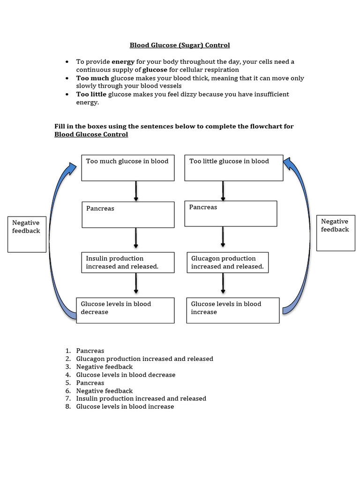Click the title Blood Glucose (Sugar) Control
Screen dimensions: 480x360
tap(180, 45)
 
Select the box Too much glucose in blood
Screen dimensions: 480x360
tap(127, 168)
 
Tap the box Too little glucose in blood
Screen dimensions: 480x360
tap(233, 168)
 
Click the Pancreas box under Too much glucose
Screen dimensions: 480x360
tap(127, 215)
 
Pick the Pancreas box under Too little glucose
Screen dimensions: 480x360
tap(231, 214)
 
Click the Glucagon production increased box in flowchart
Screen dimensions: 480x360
tap(228, 262)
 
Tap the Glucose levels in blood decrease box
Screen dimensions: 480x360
tap(125, 310)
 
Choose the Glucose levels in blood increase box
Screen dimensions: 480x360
tap(232, 310)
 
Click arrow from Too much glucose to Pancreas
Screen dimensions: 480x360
tap(136, 191)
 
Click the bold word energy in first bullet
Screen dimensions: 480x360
tap(123, 62)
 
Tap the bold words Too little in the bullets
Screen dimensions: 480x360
tap(91, 94)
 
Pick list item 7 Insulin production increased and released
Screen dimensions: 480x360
tap(141, 398)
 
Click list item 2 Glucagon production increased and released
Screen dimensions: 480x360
tap(144, 359)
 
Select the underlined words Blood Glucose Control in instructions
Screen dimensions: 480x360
tap(91, 135)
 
